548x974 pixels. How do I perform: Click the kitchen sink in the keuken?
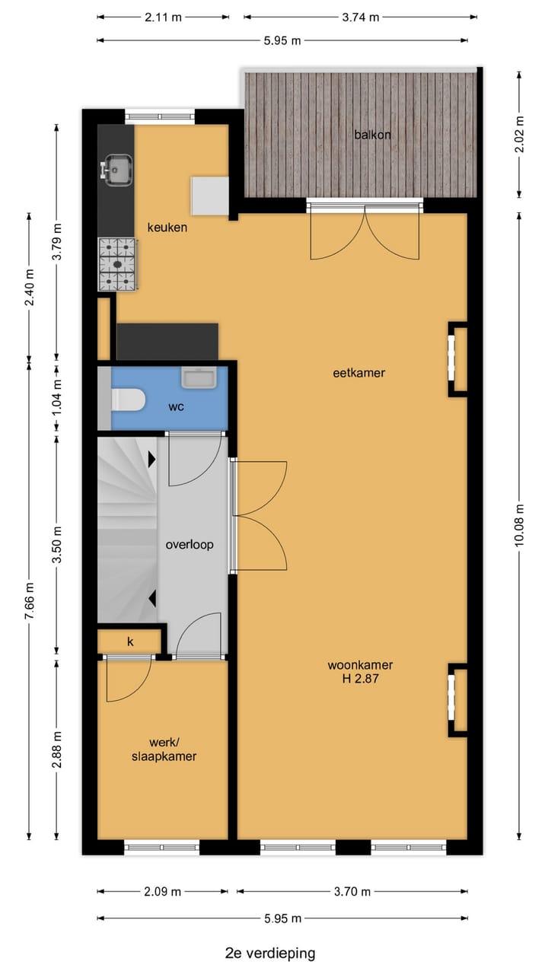(117, 169)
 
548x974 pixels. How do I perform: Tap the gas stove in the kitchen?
(117, 264)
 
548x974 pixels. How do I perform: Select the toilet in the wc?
(128, 399)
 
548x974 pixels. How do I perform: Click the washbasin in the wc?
(199, 377)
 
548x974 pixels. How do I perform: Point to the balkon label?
(372, 135)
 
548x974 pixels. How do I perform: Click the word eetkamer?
(358, 373)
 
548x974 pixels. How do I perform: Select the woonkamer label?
(360, 664)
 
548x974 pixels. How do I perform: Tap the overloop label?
(190, 544)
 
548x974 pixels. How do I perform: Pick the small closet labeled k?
(130, 641)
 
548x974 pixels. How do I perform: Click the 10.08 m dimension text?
(520, 526)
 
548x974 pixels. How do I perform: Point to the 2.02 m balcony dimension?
(520, 133)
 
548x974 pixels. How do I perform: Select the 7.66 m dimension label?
(30, 601)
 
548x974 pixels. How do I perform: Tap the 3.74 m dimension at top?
(361, 18)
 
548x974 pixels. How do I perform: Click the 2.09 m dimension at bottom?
(163, 892)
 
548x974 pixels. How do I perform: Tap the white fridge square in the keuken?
(209, 196)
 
